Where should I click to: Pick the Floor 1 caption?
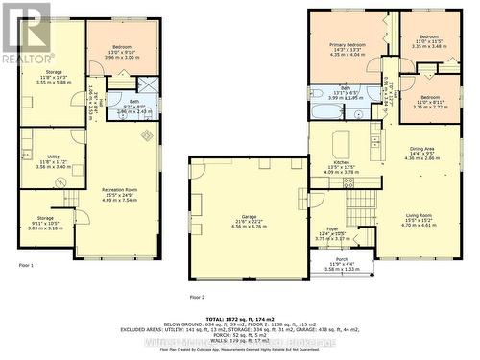[x=26, y=264]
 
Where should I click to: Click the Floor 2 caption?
[x=198, y=298]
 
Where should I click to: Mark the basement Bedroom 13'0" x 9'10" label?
[x=122, y=52]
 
